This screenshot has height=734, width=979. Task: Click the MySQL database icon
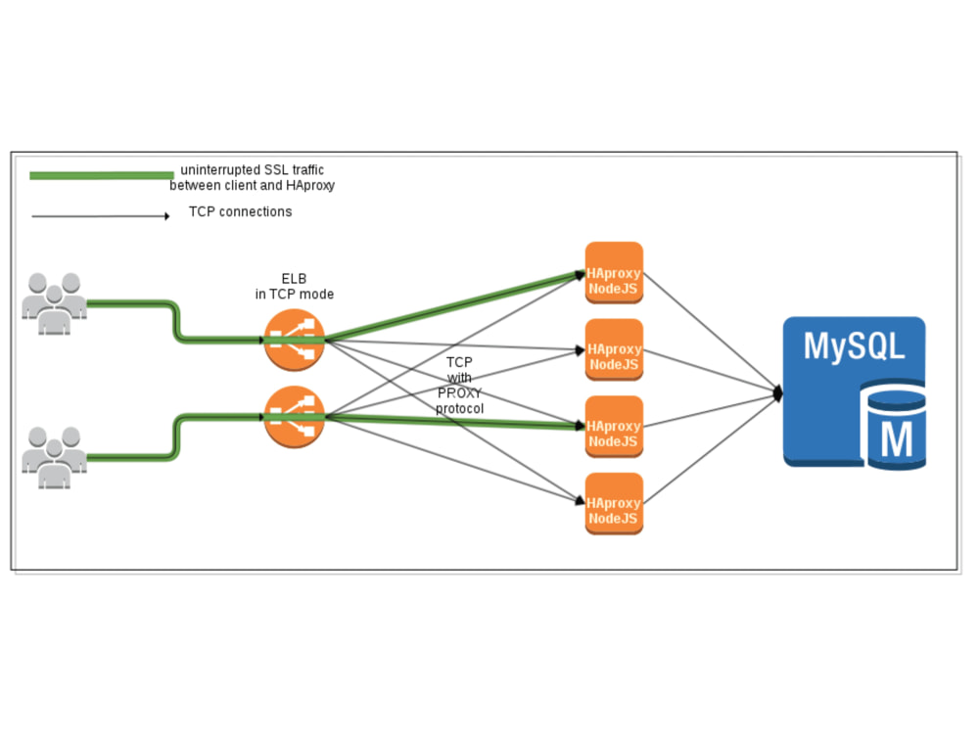(854, 391)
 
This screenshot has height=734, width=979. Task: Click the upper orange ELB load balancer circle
(294, 340)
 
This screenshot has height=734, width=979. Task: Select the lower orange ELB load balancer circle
(294, 417)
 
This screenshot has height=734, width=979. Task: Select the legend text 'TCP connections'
(240, 211)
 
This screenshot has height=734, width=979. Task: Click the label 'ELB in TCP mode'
(294, 286)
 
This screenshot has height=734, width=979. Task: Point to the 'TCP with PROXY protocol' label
(459, 385)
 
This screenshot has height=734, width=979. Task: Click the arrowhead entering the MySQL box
(777, 393)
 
